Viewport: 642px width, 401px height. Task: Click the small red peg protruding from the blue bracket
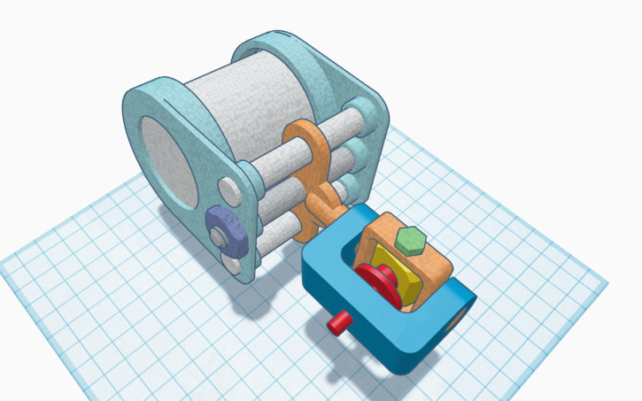(x=336, y=323)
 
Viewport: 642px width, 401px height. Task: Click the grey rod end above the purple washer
(x=228, y=188)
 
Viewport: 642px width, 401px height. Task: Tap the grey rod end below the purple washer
(x=232, y=263)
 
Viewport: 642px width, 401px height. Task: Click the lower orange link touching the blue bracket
(x=319, y=212)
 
